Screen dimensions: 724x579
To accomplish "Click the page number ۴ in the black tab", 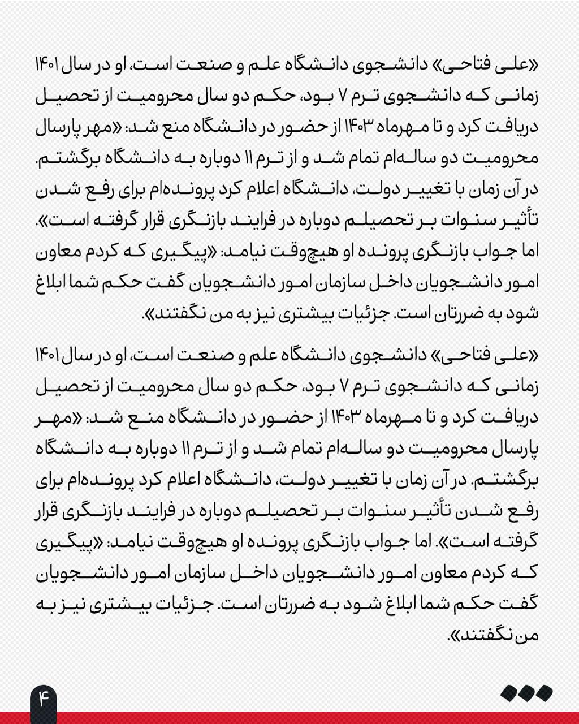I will point(44,697).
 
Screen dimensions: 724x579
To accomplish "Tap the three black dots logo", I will point(526,693).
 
